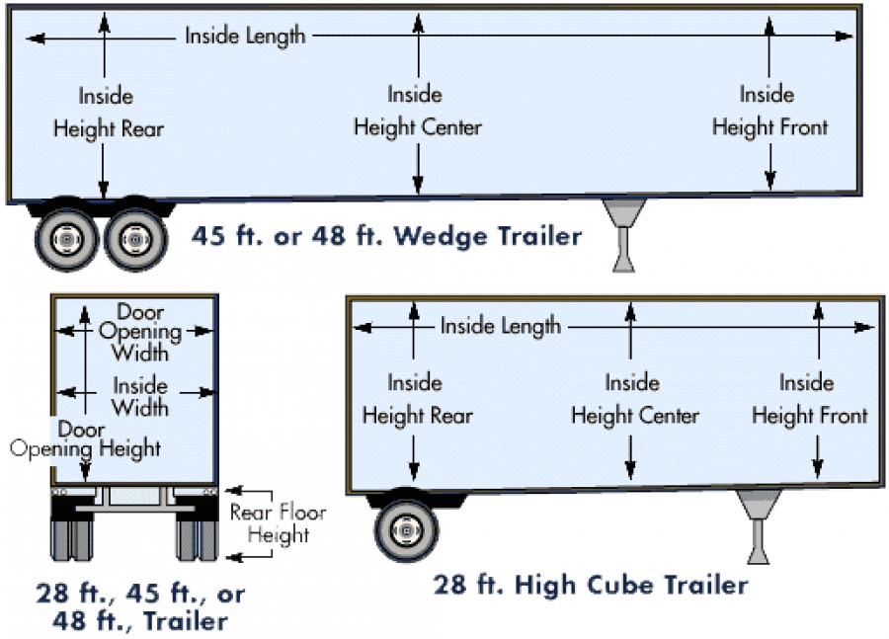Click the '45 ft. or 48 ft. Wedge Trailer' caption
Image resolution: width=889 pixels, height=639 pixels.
click(x=386, y=237)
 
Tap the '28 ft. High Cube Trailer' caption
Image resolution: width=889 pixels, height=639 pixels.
click(x=590, y=585)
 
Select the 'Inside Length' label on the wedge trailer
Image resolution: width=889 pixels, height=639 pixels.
click(x=245, y=37)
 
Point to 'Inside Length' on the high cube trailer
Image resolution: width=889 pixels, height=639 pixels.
click(x=500, y=325)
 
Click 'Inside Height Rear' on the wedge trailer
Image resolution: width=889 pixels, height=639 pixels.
click(x=108, y=113)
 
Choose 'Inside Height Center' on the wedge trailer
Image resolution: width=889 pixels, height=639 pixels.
click(x=417, y=111)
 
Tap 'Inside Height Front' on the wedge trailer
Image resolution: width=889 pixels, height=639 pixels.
click(x=769, y=111)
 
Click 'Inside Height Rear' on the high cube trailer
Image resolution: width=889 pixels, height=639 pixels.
click(x=417, y=399)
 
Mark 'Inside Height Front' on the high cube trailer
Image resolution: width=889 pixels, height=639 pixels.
click(x=809, y=399)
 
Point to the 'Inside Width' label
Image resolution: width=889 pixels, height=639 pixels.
click(x=139, y=395)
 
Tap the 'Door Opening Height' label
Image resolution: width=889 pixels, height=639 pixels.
click(x=86, y=439)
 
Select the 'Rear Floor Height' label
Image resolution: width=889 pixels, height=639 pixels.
click(x=278, y=523)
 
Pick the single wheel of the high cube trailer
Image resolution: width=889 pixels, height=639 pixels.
click(x=405, y=530)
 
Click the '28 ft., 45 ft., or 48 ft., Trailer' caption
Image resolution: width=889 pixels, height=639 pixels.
click(x=140, y=607)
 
